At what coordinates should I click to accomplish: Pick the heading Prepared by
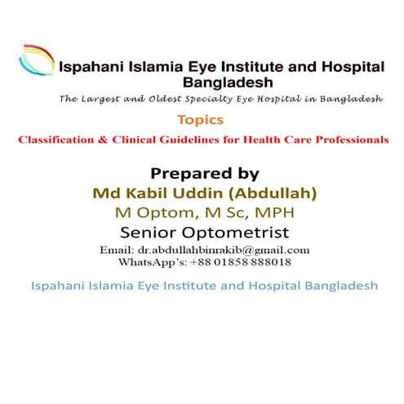pyautogui.click(x=205, y=173)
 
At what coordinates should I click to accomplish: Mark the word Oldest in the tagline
pyautogui.click(x=172, y=100)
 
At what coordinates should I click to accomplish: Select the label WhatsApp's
pyautogui.click(x=150, y=263)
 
